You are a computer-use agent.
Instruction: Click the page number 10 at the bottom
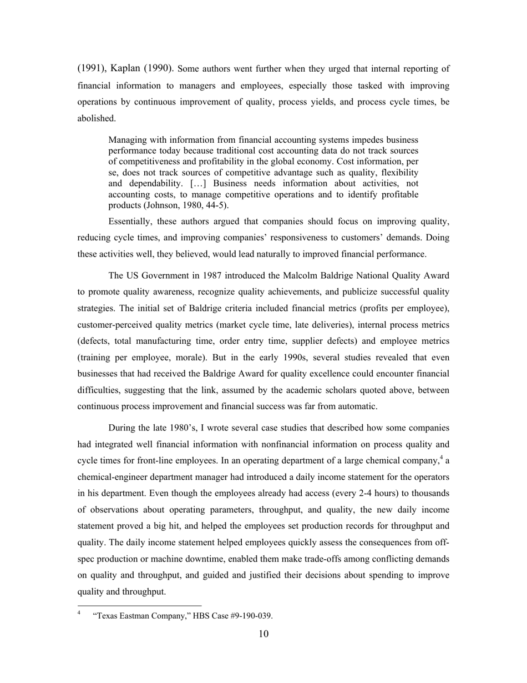[263, 634]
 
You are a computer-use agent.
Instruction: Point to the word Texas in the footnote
[107, 616]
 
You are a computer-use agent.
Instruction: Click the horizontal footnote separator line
[139, 605]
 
